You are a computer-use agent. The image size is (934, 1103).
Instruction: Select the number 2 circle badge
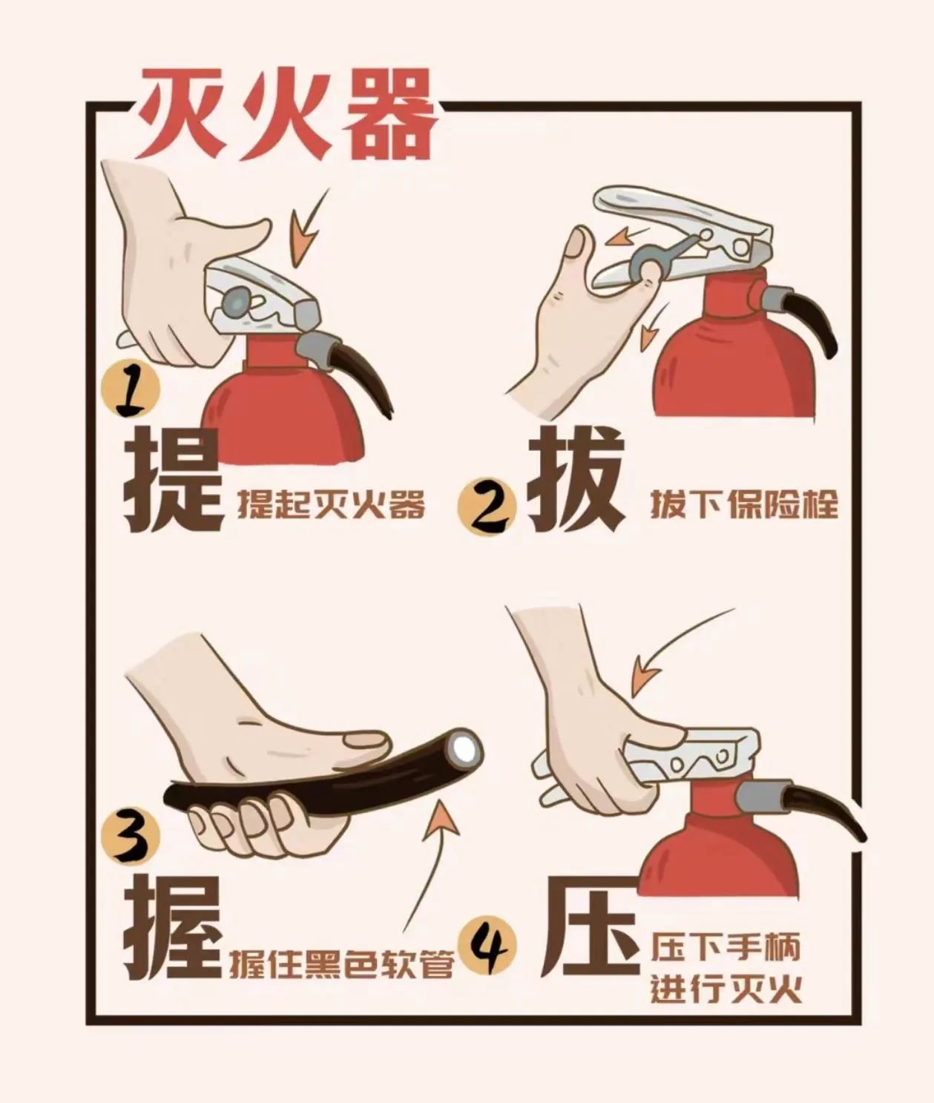(487, 509)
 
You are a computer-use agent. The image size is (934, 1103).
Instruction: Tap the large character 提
(173, 480)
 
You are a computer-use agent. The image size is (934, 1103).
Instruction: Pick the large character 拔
(576, 480)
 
